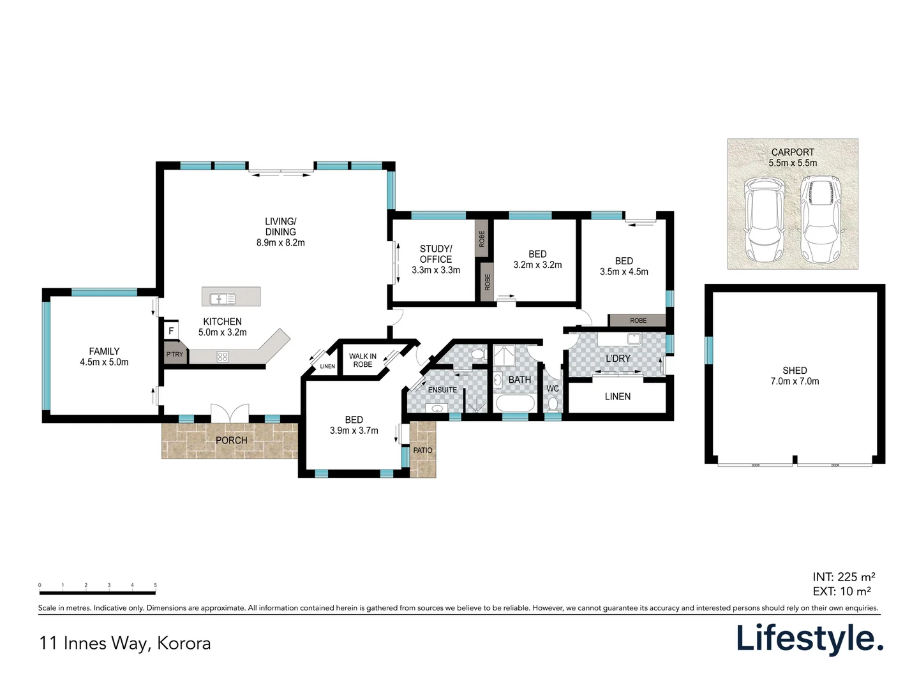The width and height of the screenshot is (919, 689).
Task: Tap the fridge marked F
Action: click(171, 331)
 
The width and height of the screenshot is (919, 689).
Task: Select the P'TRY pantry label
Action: click(174, 354)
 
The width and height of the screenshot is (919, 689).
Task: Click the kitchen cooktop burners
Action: click(223, 357)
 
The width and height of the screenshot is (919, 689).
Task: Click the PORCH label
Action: click(231, 440)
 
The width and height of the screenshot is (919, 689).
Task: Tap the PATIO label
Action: click(422, 450)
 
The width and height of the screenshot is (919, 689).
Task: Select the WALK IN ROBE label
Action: click(362, 360)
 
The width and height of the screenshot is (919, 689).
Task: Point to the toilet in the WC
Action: click(553, 404)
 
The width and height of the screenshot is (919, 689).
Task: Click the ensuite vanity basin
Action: click(437, 408)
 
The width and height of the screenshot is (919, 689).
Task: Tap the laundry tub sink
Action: click(634, 339)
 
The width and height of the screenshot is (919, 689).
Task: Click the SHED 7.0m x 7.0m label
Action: click(795, 376)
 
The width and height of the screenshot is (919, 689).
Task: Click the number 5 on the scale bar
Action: click(155, 585)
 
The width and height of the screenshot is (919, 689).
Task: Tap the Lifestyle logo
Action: click(810, 639)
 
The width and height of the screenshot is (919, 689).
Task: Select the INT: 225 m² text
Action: click(844, 577)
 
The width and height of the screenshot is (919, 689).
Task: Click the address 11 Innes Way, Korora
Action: click(125, 643)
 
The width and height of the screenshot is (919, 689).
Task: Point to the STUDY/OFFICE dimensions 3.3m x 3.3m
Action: click(436, 270)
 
